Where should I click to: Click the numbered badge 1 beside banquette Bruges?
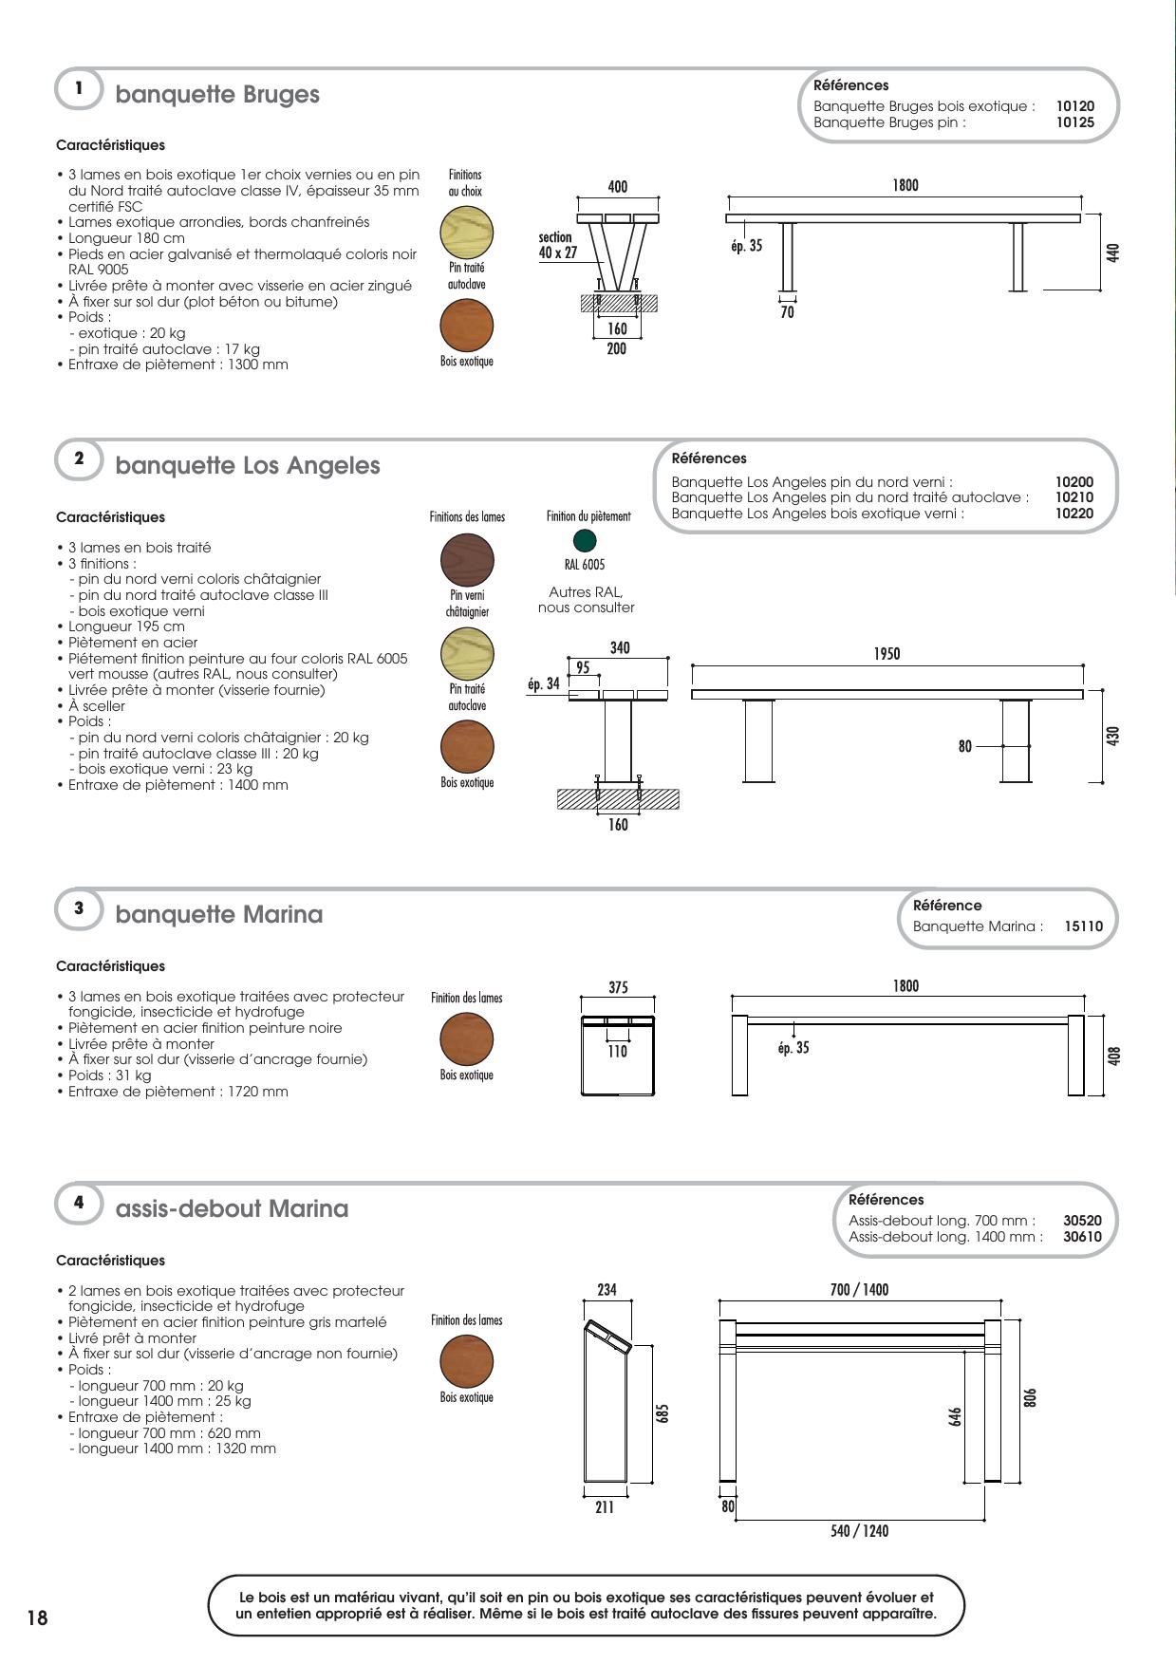80,88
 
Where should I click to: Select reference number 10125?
1074,122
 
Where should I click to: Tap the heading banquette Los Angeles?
247,465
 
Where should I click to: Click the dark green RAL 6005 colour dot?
585,540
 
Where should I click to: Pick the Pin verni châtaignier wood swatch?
467,560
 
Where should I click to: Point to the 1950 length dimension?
887,654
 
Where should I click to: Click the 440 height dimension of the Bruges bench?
1113,252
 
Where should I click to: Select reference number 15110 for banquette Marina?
1084,925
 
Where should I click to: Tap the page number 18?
37,1617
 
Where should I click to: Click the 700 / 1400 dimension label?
859,1289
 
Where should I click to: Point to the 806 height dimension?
1031,1398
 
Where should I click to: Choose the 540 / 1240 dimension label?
859,1530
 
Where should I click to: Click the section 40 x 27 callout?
557,245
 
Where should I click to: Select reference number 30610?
1082,1237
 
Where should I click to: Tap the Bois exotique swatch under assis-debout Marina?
467,1363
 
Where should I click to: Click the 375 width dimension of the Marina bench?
618,987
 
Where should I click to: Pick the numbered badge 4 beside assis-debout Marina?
80,1203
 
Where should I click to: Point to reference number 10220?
1073,514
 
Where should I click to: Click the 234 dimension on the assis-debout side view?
607,1289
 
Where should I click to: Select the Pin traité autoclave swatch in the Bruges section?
467,232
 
